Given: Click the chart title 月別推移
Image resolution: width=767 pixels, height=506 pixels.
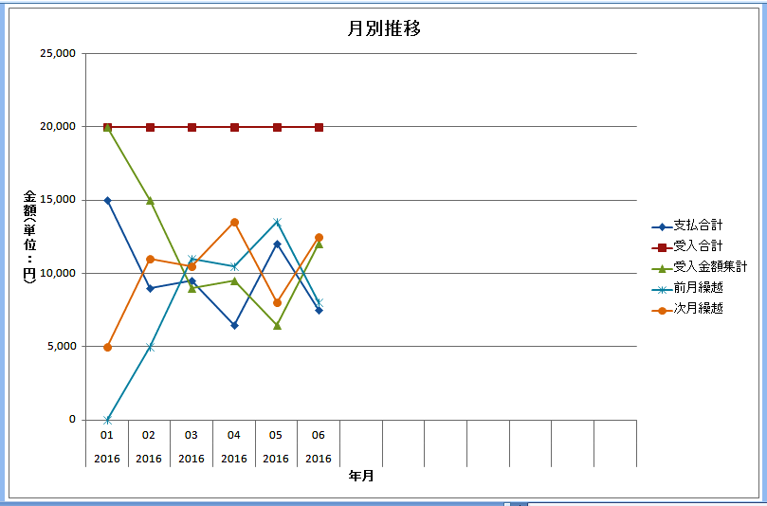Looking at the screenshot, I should coord(383,28).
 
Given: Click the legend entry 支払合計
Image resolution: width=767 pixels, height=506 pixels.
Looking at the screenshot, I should coord(698,226).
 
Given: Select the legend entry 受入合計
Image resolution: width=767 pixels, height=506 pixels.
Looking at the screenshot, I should coord(698,246).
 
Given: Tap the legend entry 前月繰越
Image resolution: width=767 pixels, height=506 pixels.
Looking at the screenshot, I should coord(698,288).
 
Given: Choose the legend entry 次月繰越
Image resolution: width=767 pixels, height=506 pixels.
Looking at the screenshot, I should coord(698,309).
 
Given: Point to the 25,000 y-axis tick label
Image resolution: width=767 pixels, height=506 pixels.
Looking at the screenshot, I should coord(58,54).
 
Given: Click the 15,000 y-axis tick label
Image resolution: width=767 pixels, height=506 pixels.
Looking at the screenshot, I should coord(58,200).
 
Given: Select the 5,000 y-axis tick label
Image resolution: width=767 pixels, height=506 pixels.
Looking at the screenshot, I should coord(62,347).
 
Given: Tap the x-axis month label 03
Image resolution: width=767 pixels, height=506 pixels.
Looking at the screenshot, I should coord(192,435).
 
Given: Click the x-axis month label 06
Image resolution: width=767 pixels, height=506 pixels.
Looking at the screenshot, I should coord(319,435).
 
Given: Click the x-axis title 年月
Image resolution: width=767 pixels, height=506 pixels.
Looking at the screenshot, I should coord(361,475).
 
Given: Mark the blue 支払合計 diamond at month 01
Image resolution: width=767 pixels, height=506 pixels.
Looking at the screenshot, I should coord(107,200).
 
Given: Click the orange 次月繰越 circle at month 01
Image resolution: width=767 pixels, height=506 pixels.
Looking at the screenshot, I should coord(107,347).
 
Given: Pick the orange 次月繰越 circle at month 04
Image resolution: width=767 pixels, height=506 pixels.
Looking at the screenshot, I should coord(234,223).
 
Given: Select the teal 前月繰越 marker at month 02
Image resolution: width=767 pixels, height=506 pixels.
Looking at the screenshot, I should coord(149,347).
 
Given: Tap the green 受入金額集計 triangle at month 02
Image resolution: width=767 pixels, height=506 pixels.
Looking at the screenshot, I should coord(149,200).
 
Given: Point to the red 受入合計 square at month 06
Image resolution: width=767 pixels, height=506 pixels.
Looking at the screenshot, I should coord(319,127).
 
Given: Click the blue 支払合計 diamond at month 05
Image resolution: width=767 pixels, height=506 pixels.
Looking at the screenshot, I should coord(277,244).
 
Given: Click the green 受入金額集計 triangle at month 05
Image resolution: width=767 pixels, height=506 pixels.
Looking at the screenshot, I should coord(277,325).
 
